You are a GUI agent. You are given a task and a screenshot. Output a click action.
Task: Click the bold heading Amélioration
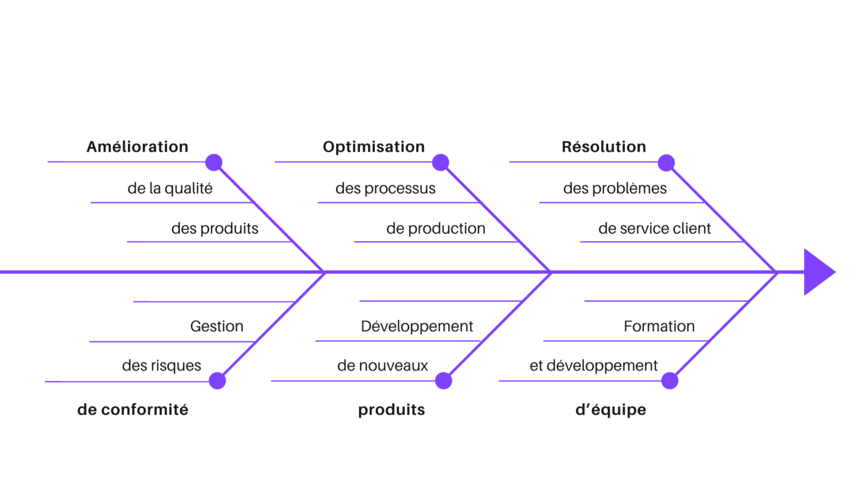(137, 147)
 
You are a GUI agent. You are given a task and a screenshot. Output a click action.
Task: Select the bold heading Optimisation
(373, 147)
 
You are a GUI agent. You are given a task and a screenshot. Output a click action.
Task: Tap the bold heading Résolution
(604, 147)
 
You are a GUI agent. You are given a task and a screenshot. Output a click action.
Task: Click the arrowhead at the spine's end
(818, 272)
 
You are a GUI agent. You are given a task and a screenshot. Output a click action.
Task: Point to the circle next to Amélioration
(213, 163)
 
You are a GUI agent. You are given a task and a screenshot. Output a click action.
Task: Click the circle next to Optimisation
(440, 163)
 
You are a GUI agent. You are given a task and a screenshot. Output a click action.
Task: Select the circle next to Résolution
(666, 163)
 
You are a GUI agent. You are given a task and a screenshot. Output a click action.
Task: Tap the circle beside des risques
(217, 380)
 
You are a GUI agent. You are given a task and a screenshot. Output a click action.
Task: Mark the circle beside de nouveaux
(443, 380)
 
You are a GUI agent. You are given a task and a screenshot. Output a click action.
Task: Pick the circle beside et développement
(669, 380)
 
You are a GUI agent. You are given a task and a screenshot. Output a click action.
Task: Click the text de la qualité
(170, 188)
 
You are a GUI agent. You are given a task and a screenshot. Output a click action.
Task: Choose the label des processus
(385, 188)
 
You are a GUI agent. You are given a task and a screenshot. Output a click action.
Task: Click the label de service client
(654, 229)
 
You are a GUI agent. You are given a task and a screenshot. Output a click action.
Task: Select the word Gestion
(217, 326)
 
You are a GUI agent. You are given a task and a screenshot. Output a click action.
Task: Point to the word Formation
(659, 326)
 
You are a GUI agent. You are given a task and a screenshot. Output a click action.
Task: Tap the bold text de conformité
(133, 410)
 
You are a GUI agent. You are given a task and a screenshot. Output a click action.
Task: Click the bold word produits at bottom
(391, 410)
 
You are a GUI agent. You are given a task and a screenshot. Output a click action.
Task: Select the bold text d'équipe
(610, 410)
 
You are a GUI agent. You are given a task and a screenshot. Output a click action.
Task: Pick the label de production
(436, 229)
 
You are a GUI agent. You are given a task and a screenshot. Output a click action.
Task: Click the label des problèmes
(615, 188)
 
